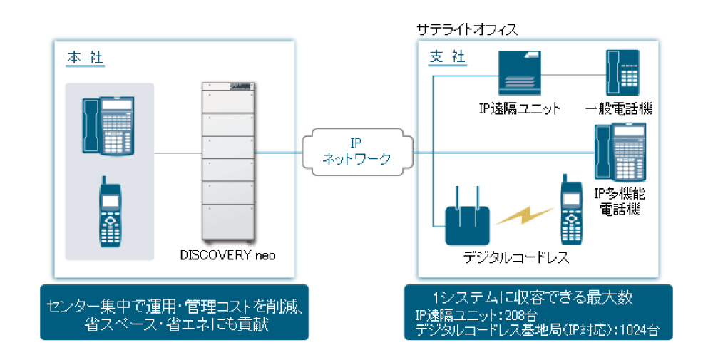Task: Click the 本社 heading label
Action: pos(86,58)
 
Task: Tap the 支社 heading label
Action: pos(447,58)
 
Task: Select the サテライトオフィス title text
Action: pos(466,30)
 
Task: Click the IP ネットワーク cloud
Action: pos(356,151)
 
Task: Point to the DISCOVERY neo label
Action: pos(227,254)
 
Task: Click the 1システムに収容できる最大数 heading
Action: pos(533,297)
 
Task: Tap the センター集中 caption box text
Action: pos(175,314)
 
